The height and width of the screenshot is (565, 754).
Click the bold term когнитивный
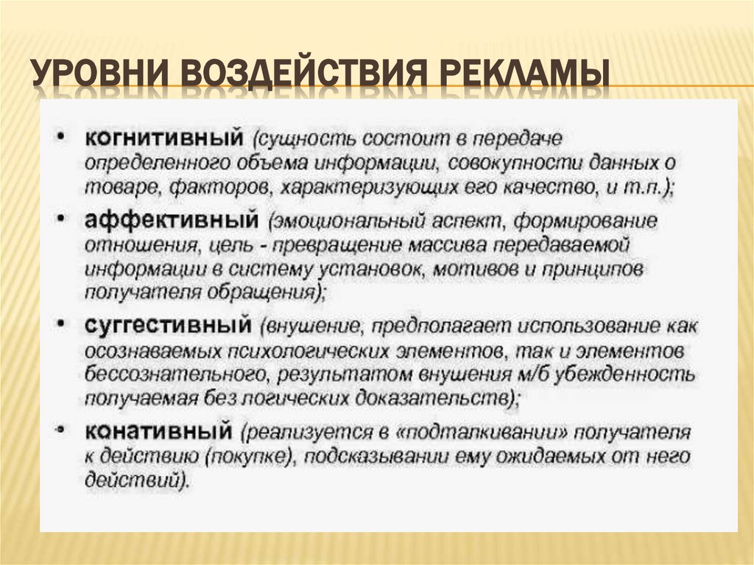coord(164,138)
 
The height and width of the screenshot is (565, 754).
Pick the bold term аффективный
coord(171,220)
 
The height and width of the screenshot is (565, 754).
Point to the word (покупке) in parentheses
coord(247,457)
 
